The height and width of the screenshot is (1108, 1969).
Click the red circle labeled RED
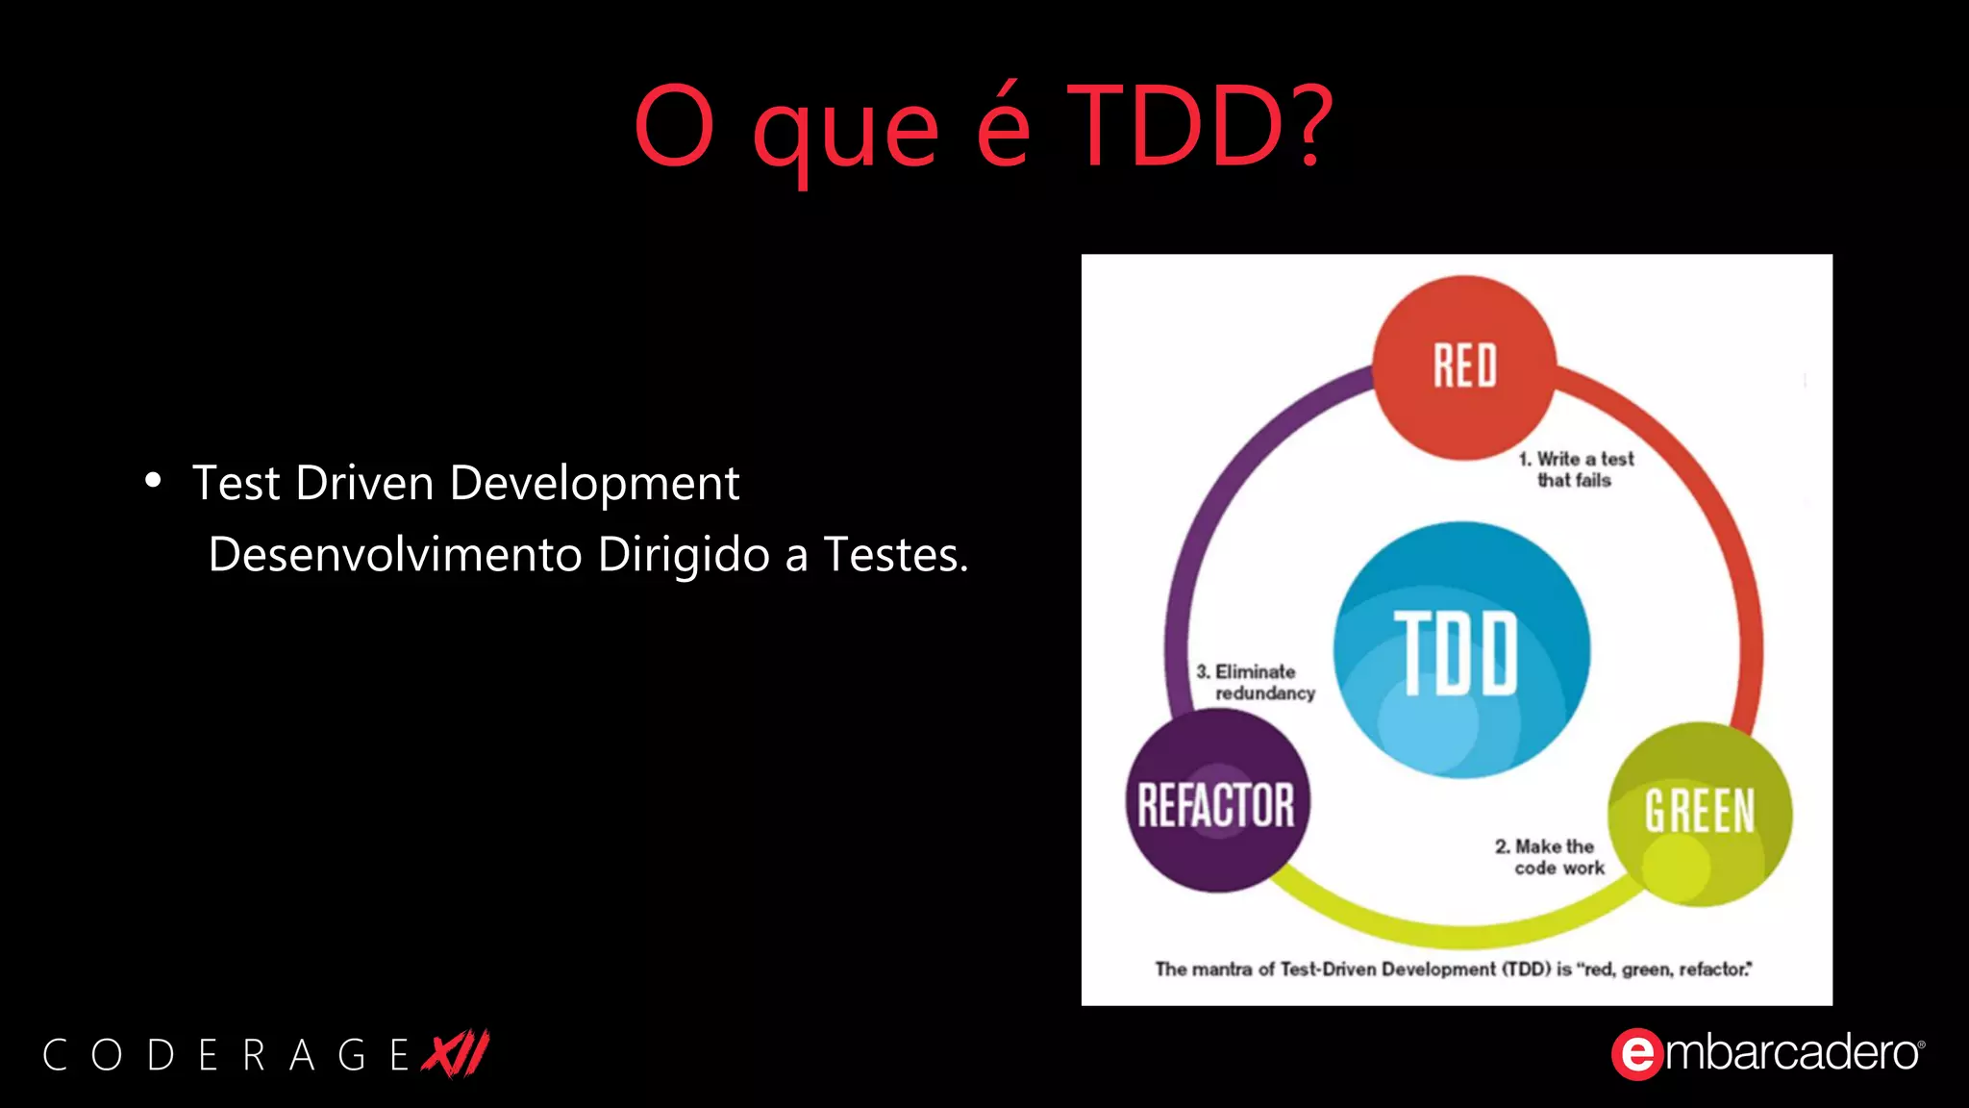click(1463, 366)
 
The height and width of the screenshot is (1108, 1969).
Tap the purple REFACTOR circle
click(1216, 803)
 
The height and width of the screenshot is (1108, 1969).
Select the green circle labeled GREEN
click(1699, 813)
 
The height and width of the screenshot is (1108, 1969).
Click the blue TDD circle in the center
click(1460, 650)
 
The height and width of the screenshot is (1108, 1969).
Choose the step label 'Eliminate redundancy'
click(1256, 682)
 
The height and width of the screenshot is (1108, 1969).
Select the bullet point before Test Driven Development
click(153, 480)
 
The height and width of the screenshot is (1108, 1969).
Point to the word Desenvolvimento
click(395, 555)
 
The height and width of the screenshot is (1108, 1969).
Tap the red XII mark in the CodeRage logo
click(458, 1053)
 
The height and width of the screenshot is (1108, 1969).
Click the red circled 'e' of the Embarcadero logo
click(1636, 1054)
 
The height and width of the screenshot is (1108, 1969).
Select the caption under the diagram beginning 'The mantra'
click(1453, 969)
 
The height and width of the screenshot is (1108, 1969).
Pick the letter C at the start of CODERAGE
click(55, 1055)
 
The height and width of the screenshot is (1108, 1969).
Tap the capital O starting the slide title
click(674, 126)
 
